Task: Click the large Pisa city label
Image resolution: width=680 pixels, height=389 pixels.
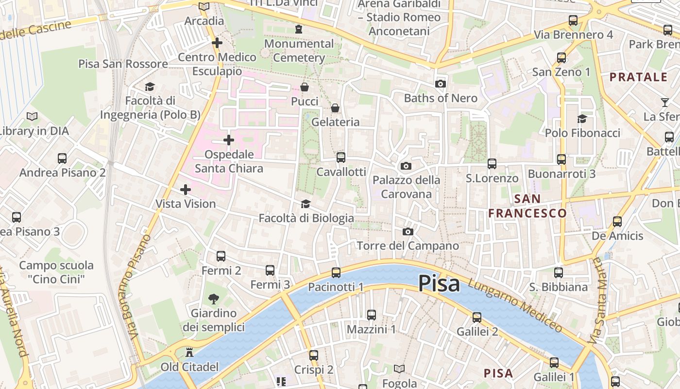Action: point(439,283)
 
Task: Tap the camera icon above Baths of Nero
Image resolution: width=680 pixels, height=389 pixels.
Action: point(441,84)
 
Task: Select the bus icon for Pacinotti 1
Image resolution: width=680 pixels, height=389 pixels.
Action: point(336,273)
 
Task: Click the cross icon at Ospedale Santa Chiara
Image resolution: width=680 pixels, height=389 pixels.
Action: point(228,141)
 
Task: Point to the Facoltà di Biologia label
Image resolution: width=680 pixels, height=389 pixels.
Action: point(306,218)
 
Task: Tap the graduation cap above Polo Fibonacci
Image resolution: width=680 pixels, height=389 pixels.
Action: point(582,119)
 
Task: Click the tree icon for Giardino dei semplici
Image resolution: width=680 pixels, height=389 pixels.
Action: point(213,299)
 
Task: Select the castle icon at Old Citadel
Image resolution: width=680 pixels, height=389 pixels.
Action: point(189,353)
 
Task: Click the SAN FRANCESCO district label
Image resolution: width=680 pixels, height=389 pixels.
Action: point(527,206)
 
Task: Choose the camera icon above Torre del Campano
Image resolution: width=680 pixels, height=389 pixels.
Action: point(408,231)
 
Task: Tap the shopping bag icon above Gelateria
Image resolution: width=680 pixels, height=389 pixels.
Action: point(335,108)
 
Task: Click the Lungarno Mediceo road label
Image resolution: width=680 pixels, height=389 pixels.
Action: point(516,304)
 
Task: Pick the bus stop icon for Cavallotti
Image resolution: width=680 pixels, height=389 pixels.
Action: point(341,157)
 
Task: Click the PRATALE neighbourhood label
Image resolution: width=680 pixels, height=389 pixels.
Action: point(639,77)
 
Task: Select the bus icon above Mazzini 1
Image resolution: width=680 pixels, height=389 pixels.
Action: point(372,315)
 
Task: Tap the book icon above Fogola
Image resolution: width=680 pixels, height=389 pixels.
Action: point(399,369)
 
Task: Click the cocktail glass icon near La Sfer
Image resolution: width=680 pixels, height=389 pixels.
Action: point(664,102)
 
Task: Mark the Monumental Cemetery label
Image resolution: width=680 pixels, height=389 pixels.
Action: point(299,51)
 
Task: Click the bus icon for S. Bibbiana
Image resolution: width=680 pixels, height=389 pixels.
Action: point(559,273)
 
